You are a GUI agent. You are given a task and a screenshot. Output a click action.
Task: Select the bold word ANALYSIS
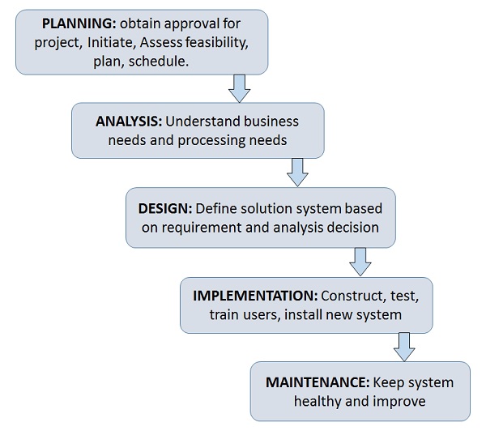(129, 122)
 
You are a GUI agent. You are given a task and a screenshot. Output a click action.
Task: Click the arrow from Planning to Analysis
(239, 87)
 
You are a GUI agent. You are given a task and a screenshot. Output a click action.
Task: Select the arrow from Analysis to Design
(297, 171)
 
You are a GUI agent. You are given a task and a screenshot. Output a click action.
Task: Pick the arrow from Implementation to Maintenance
(404, 346)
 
